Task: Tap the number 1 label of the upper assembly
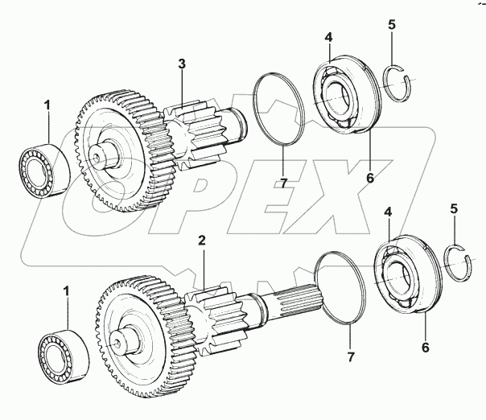point(47,105)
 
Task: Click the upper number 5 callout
point(391,25)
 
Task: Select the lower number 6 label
point(425,348)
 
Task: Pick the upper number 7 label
point(282,183)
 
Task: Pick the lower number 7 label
point(349,356)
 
